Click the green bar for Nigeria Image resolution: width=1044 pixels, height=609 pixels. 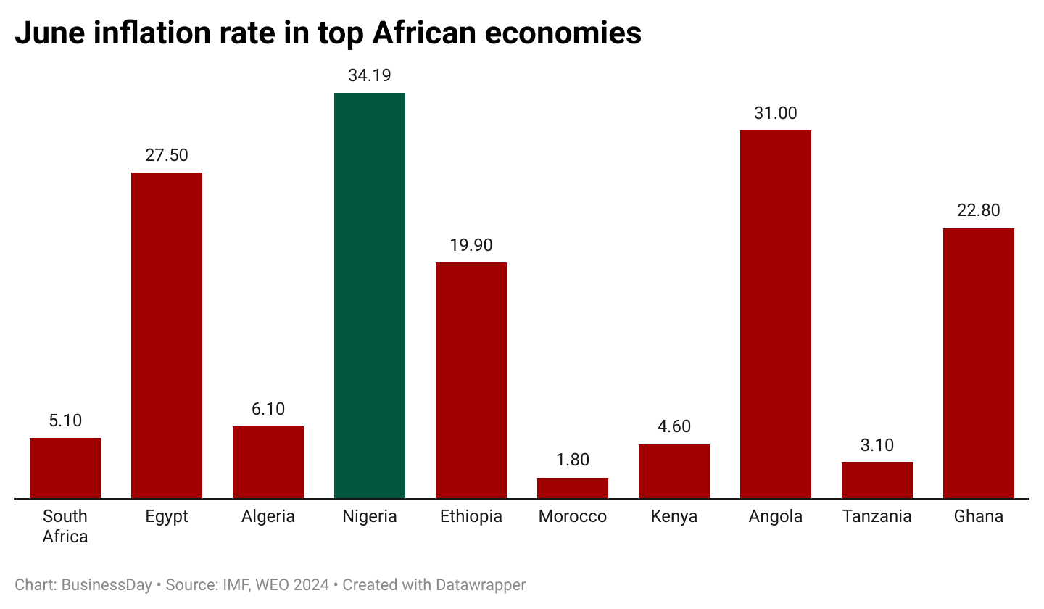[370, 296]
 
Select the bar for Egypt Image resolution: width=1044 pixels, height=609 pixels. [167, 336]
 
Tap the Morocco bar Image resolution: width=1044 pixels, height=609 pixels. [573, 488]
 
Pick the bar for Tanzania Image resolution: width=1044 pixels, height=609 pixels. [877, 480]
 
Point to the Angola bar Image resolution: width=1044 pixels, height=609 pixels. [776, 315]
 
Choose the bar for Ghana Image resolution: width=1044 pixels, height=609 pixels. [979, 363]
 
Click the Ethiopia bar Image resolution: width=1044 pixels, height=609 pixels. [471, 381]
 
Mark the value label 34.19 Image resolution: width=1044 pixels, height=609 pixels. [370, 75]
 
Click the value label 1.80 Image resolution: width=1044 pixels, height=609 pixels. [573, 460]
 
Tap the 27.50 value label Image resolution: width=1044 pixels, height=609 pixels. [167, 155]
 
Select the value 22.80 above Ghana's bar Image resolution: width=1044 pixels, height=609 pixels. [979, 211]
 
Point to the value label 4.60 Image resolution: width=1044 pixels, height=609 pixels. [674, 426]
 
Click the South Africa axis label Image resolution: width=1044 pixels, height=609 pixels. [65, 526]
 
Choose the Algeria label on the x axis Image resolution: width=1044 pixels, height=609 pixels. [268, 516]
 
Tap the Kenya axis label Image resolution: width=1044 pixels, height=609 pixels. [674, 516]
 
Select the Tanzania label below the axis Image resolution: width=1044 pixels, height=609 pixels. [877, 516]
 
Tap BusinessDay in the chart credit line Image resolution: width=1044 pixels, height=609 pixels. [107, 584]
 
